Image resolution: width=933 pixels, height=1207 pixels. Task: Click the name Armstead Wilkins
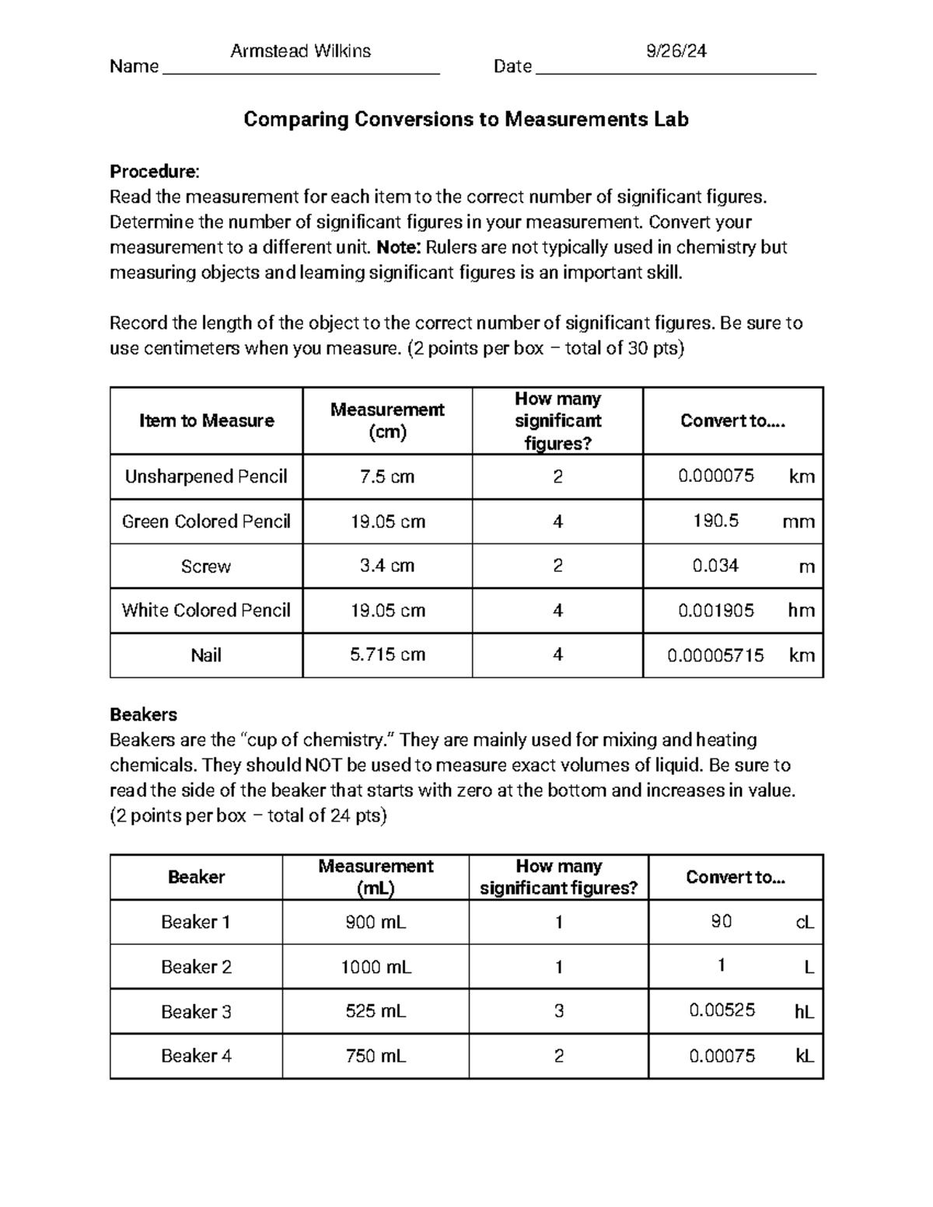[x=300, y=51]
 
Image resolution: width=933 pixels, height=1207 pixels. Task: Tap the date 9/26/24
[x=676, y=51]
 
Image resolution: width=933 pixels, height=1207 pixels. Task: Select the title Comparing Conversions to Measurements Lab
[x=466, y=119]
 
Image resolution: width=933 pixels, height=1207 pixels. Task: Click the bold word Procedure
[x=154, y=171]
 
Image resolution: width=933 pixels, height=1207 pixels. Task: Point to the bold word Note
[x=398, y=247]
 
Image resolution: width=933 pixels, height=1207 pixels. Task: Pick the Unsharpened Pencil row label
[x=206, y=476]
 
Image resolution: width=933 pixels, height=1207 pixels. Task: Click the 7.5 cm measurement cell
[x=387, y=476]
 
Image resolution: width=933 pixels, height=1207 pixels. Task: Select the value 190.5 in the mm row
[x=715, y=521]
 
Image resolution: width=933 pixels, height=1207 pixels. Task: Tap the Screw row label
[x=206, y=567]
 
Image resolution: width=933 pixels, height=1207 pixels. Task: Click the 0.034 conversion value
[x=715, y=566]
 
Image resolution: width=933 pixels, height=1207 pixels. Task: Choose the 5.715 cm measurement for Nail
[x=387, y=655]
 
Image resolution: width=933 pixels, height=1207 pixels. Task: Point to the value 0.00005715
[x=715, y=656]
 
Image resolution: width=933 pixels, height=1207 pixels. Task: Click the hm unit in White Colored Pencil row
[x=801, y=611]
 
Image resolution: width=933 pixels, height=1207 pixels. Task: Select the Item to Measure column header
[x=206, y=420]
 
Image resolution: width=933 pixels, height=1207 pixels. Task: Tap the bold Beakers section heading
[x=144, y=714]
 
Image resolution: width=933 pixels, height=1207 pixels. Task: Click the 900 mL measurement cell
[x=376, y=923]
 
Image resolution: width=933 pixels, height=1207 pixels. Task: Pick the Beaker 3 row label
[x=196, y=1012]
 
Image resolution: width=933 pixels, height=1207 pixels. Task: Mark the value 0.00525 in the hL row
[x=722, y=1011]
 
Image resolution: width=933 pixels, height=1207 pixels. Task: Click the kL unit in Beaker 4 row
[x=804, y=1056]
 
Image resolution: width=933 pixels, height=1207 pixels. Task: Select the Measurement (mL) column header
[x=376, y=877]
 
